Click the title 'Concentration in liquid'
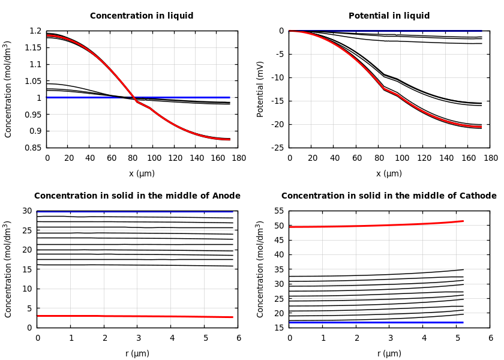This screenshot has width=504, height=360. tap(142, 16)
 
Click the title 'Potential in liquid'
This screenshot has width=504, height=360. tap(389, 16)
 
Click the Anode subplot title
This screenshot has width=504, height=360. tap(137, 196)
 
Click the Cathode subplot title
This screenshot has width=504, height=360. tap(389, 196)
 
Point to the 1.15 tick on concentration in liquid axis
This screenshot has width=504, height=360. tap(34, 47)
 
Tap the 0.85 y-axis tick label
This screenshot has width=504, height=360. tap(34, 148)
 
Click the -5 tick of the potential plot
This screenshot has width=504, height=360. tap(280, 54)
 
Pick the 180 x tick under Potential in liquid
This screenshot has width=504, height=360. tap(490, 158)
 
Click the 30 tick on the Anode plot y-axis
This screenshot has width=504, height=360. tap(27, 211)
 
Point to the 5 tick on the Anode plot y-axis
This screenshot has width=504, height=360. tap(29, 308)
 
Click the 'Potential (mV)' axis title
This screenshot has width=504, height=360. tap(260, 89)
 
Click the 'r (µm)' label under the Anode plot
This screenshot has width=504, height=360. tap(137, 353)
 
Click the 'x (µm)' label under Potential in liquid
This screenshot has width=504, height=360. tap(389, 173)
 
